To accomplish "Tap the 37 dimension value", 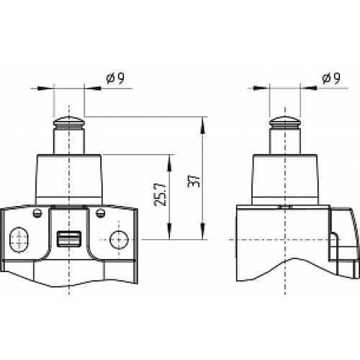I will (x=192, y=179).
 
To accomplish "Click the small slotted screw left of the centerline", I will (x=36, y=212).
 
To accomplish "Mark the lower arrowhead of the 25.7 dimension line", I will (x=169, y=234).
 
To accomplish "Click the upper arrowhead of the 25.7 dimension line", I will (x=169, y=158).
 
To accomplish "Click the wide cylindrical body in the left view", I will (x=68, y=177).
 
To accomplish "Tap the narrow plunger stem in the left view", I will (x=68, y=139).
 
